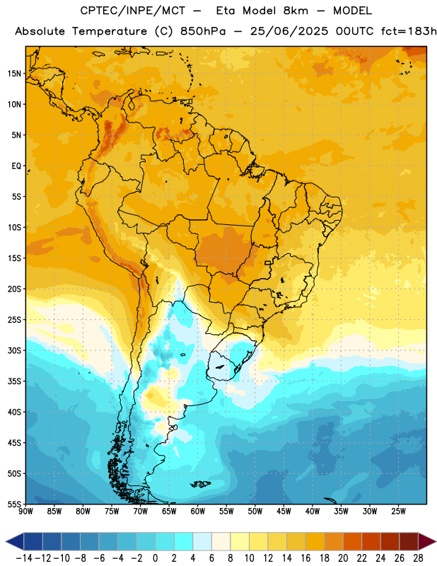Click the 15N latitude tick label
coord(14,74)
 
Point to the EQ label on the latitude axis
coord(16,166)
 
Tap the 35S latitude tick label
coord(14,381)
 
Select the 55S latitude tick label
coord(14,504)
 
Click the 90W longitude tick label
coord(26,511)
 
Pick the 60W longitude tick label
coord(198,511)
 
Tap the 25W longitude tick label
coord(398,511)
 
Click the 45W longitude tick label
coord(284,511)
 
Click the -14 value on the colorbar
coord(25,558)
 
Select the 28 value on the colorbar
coord(418,558)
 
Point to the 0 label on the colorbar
coord(155,558)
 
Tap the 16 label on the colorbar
coord(305,558)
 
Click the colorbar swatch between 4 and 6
coord(202,541)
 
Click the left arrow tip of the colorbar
coord(6,541)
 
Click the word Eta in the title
coord(226,11)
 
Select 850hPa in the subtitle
coord(203,31)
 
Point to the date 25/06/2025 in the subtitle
coord(289,31)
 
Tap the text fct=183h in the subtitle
coord(409,31)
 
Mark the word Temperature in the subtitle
coord(110,32)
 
